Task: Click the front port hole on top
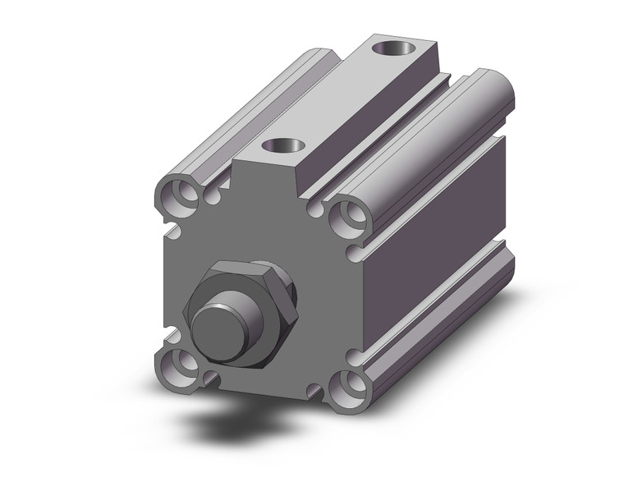pyautogui.click(x=284, y=148)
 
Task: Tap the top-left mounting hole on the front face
pyautogui.click(x=177, y=197)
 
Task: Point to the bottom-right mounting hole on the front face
pyautogui.click(x=348, y=383)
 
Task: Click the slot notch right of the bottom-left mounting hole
pyautogui.click(x=213, y=379)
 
